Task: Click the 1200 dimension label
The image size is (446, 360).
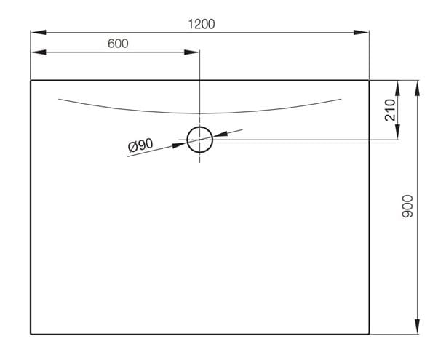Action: click(x=202, y=24)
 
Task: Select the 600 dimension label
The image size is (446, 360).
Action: click(x=118, y=44)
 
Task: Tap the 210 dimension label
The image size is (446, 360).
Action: click(x=390, y=110)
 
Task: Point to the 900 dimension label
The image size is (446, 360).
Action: click(x=407, y=207)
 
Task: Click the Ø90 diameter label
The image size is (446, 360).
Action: click(x=140, y=145)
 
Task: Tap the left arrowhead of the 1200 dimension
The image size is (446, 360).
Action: click(x=39, y=32)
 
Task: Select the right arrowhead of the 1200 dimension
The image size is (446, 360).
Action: click(x=361, y=32)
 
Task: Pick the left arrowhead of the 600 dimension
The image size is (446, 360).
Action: click(x=39, y=52)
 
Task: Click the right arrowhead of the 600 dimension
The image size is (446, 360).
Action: click(x=191, y=52)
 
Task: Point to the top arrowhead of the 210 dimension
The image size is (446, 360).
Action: click(x=398, y=89)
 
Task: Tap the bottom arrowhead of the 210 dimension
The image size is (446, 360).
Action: click(x=398, y=132)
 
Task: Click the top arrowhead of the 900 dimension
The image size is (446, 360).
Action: click(x=417, y=89)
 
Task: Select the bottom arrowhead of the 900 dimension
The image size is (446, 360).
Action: click(x=417, y=327)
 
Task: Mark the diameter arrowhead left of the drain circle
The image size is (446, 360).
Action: click(x=180, y=145)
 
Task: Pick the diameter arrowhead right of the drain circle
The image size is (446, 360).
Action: click(x=220, y=134)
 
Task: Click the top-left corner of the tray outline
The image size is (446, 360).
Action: click(x=31, y=81)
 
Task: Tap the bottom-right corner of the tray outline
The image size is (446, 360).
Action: click(x=369, y=334)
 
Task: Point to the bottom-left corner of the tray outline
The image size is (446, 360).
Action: click(x=31, y=334)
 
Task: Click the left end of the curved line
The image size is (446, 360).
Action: click(x=59, y=99)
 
